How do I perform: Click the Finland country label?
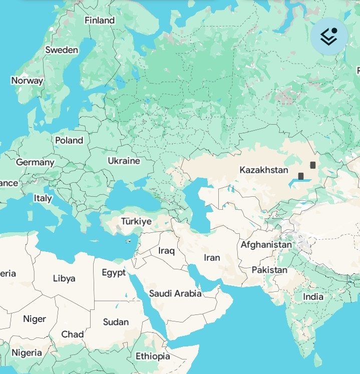click(x=100, y=21)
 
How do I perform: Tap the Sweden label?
click(x=62, y=50)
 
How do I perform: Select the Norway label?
click(x=27, y=81)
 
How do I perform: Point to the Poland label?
click(x=69, y=141)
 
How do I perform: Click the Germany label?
click(x=35, y=162)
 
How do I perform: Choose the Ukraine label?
click(x=124, y=161)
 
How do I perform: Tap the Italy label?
click(x=43, y=198)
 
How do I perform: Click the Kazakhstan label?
click(x=264, y=170)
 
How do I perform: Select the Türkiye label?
click(x=136, y=221)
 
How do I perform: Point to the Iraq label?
click(x=166, y=250)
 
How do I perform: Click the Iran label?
click(x=212, y=257)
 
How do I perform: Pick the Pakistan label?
click(x=269, y=270)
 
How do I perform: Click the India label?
click(x=313, y=296)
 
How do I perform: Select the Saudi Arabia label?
click(x=175, y=293)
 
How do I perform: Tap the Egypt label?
click(x=114, y=273)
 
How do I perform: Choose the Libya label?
click(x=64, y=278)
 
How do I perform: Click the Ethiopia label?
click(x=153, y=356)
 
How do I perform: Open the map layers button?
click(x=329, y=36)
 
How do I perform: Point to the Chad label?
click(x=73, y=334)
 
